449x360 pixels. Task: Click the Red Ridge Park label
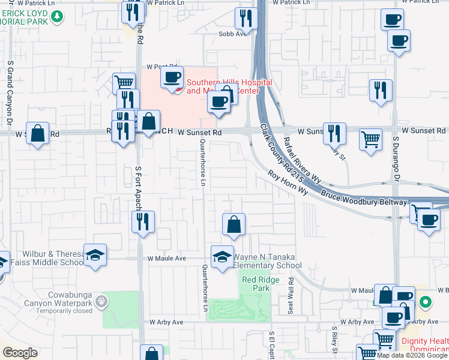pos(256,284)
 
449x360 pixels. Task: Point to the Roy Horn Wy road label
pos(288,183)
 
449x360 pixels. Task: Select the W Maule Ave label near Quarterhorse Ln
pos(167,258)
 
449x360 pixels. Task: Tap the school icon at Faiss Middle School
pos(95,256)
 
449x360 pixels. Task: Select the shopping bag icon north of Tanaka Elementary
pos(234,224)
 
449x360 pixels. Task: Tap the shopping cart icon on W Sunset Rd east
pos(371,139)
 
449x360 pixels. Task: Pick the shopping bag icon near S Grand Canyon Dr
pos(38,134)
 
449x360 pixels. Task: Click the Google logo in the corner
pos(20,353)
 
